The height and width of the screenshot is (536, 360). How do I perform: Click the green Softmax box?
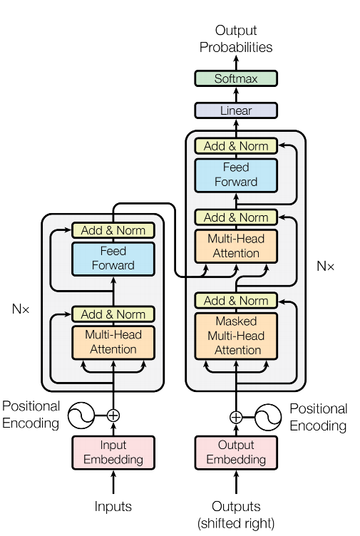click(236, 79)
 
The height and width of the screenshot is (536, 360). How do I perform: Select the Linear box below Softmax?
click(236, 110)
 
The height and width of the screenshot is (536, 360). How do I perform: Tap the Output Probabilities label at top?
click(236, 39)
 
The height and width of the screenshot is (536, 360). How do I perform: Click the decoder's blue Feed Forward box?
click(236, 175)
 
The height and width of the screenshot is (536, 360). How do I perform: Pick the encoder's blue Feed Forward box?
click(113, 258)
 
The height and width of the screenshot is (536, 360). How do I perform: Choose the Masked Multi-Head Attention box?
click(236, 336)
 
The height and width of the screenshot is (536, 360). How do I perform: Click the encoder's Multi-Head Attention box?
click(113, 342)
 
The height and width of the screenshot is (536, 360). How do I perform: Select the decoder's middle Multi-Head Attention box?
click(236, 246)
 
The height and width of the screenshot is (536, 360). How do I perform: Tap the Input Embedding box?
click(113, 453)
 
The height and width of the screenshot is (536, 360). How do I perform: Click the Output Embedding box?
click(236, 453)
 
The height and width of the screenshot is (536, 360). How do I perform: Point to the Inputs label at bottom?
click(113, 507)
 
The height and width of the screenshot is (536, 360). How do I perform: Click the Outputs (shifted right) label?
click(236, 515)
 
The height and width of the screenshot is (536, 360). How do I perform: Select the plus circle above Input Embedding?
click(113, 416)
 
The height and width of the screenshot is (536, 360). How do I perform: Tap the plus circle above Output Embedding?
click(236, 417)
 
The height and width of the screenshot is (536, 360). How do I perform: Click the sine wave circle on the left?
click(82, 416)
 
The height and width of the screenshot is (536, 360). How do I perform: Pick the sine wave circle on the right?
click(268, 417)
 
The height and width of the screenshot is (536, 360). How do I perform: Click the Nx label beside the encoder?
click(21, 310)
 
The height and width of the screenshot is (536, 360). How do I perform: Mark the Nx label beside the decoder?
click(325, 267)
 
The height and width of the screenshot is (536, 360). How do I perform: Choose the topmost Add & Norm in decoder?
click(236, 146)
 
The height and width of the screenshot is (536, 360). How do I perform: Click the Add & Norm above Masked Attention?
click(236, 301)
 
